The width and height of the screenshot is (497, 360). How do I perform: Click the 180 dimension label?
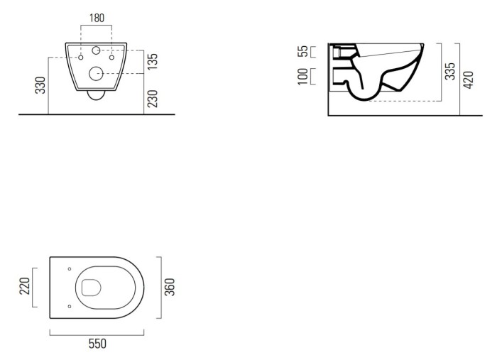coord(97,18)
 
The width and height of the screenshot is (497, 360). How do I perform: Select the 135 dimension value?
coord(153,62)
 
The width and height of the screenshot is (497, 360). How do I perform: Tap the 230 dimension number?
coord(153,99)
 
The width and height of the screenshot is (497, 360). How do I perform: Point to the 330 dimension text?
coord(40,85)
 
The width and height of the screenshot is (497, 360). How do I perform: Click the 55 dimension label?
coord(303,51)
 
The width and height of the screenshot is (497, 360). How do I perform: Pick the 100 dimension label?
coord(303,77)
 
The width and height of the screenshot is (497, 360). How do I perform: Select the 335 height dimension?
coord(449,71)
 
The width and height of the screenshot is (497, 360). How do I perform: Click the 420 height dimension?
coord(468,80)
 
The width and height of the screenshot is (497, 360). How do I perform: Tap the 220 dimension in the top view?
coord(25,286)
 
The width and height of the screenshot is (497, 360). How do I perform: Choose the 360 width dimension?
coord(170,287)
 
